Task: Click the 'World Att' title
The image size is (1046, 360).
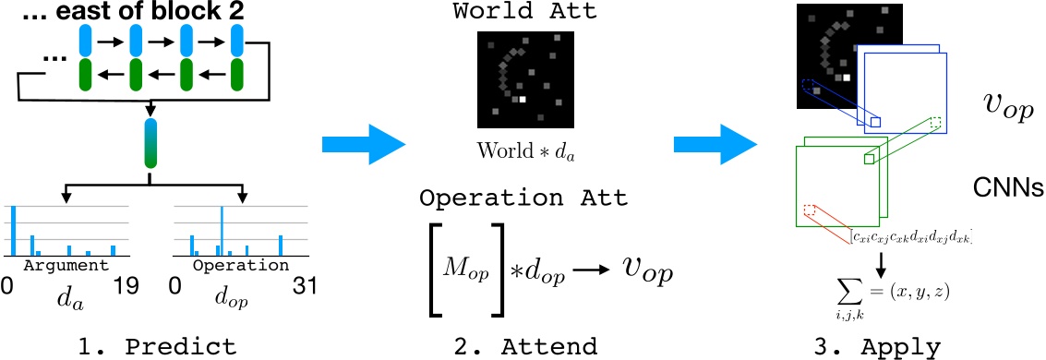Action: (x=523, y=14)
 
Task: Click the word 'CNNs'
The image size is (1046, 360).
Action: (x=1008, y=189)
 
